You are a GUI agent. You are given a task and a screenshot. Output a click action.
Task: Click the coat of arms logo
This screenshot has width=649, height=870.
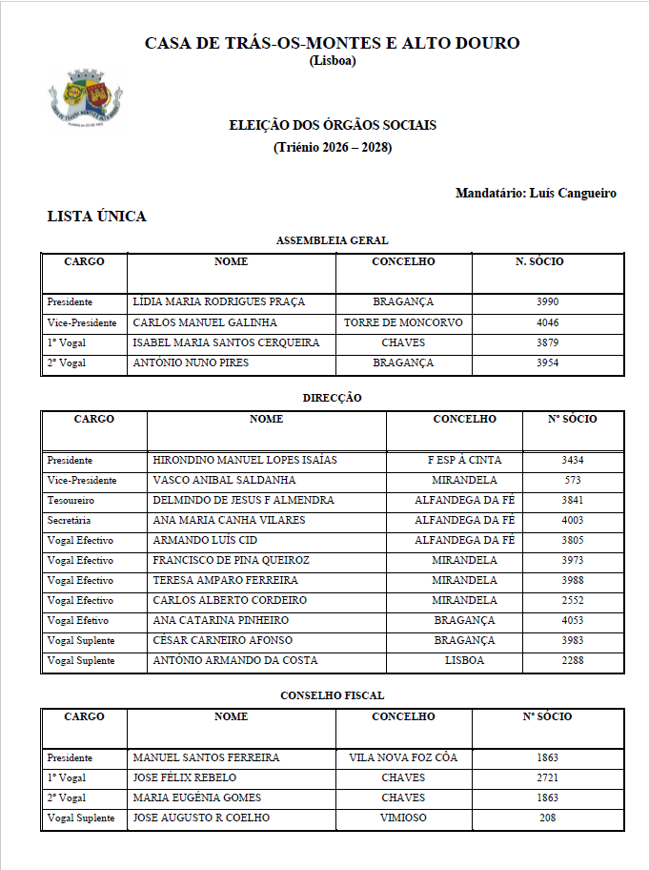pyautogui.click(x=87, y=98)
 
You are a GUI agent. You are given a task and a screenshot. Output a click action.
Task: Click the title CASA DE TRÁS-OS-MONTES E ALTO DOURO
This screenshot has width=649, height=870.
pyautogui.click(x=332, y=44)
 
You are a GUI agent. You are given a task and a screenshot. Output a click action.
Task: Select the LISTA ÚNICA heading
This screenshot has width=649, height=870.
pyautogui.click(x=97, y=217)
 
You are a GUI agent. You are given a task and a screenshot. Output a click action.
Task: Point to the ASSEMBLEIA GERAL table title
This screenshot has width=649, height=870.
pyautogui.click(x=332, y=241)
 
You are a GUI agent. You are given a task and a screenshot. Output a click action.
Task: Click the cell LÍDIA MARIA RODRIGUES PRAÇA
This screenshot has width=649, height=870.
pyautogui.click(x=218, y=302)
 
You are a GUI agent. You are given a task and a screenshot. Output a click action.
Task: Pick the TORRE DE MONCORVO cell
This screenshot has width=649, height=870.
pyautogui.click(x=403, y=322)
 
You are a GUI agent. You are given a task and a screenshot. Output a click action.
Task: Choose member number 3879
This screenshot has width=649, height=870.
pyautogui.click(x=547, y=342)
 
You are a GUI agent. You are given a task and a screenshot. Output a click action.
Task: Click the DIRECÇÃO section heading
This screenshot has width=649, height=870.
pyautogui.click(x=332, y=398)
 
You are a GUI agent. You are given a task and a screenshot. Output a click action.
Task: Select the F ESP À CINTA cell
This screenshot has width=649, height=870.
pyautogui.click(x=464, y=461)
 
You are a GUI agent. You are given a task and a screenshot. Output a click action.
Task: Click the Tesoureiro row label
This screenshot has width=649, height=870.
pyautogui.click(x=71, y=501)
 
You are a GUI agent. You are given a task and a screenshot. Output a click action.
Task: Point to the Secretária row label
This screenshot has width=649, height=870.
pyautogui.click(x=70, y=521)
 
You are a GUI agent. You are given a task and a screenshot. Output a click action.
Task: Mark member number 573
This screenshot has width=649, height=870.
pyautogui.click(x=573, y=481)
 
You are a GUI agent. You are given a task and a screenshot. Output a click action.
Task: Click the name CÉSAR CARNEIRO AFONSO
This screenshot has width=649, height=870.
pyautogui.click(x=223, y=641)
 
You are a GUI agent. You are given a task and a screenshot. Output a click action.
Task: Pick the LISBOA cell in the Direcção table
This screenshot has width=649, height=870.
pyautogui.click(x=464, y=661)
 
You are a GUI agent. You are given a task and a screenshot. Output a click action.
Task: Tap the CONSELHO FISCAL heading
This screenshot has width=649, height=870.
pyautogui.click(x=332, y=696)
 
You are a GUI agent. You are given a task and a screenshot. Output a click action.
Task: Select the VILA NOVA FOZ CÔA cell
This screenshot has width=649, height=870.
pyautogui.click(x=403, y=758)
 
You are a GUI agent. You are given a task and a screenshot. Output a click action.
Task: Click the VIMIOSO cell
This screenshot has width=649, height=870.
pyautogui.click(x=403, y=818)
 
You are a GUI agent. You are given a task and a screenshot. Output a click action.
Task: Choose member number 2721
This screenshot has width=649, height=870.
pyautogui.click(x=547, y=778)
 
